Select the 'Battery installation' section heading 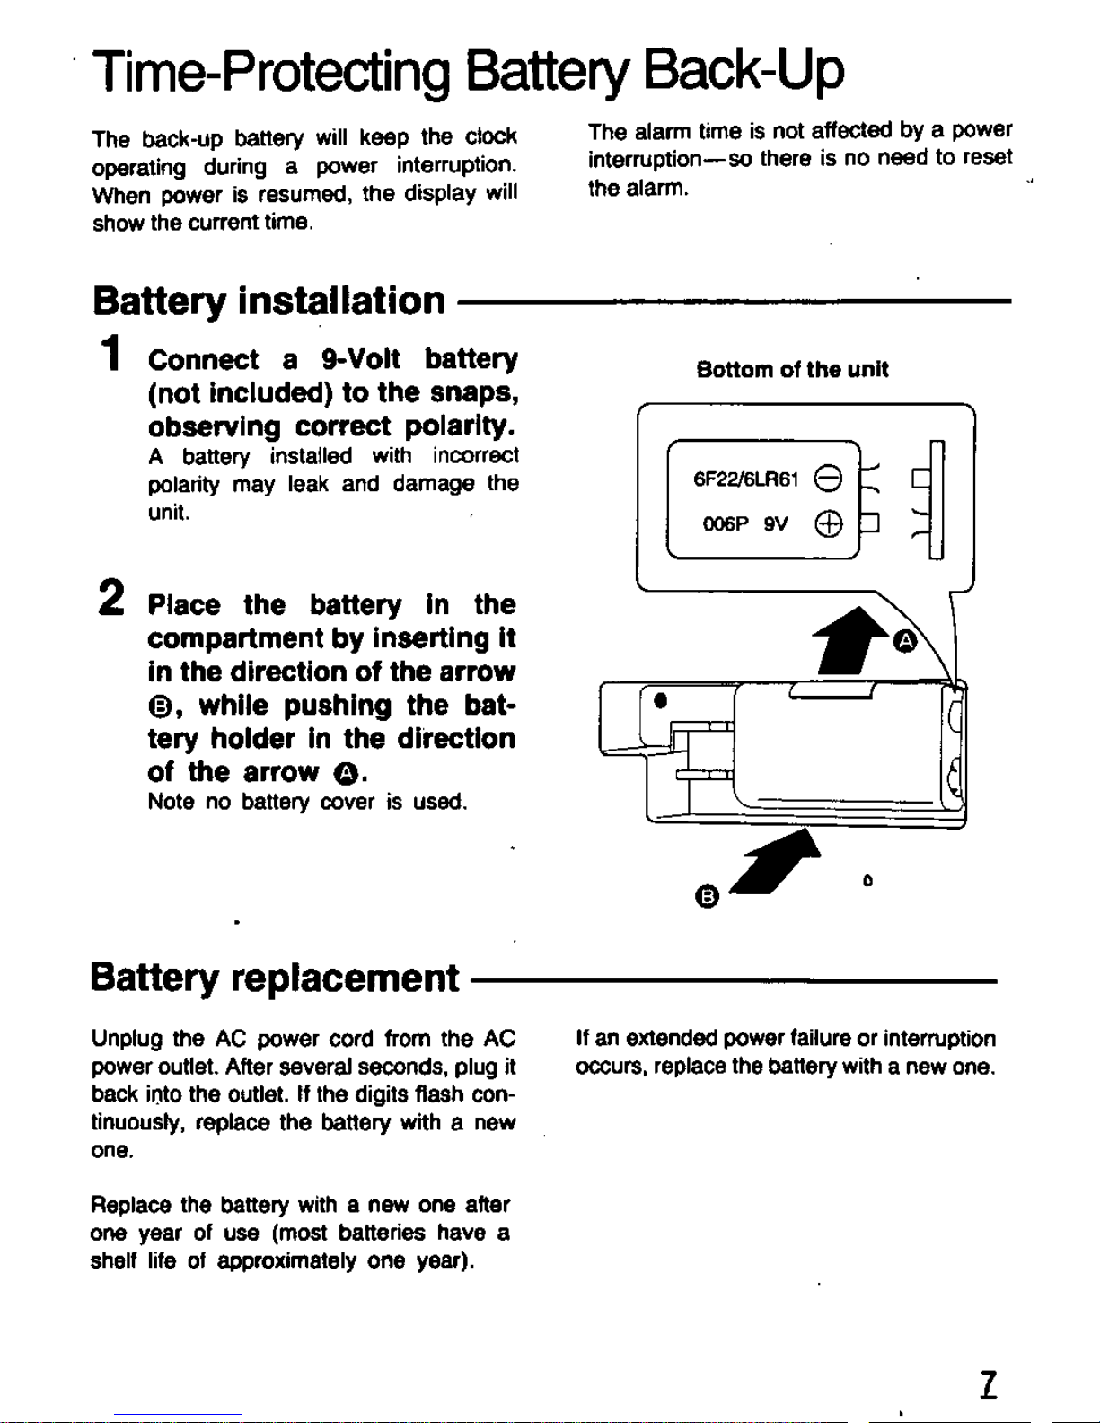[x=268, y=302]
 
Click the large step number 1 [x=112, y=352]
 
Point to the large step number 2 [x=110, y=596]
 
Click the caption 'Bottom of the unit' [x=792, y=369]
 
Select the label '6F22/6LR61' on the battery [x=746, y=480]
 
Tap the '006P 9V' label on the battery [x=745, y=524]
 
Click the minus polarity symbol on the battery [x=828, y=479]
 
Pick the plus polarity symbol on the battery [x=828, y=524]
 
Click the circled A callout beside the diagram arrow [x=905, y=641]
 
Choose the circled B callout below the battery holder [x=707, y=896]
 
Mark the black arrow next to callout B [x=776, y=862]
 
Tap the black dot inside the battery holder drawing [x=661, y=700]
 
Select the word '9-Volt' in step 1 [x=360, y=359]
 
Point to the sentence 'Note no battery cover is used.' [x=307, y=802]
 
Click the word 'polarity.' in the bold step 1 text [x=461, y=427]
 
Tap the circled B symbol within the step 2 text [x=160, y=707]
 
